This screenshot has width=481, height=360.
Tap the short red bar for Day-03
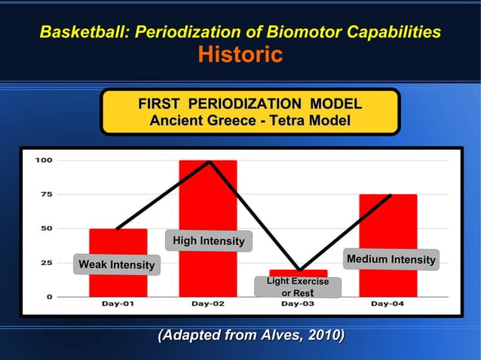click(299, 273)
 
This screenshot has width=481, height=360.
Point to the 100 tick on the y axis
click(43, 160)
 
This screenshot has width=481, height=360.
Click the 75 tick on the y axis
click(46, 194)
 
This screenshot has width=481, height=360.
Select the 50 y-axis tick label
click(46, 228)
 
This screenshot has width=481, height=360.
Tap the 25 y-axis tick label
click(46, 263)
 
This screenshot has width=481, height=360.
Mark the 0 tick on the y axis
click(49, 297)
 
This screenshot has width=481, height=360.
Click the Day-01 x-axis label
click(118, 304)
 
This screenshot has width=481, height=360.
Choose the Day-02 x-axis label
click(207, 304)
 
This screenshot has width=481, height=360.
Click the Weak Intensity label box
click(117, 265)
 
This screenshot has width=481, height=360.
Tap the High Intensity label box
click(208, 241)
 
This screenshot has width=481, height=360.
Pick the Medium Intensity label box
click(391, 260)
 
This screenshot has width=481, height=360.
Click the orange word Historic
click(240, 55)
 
